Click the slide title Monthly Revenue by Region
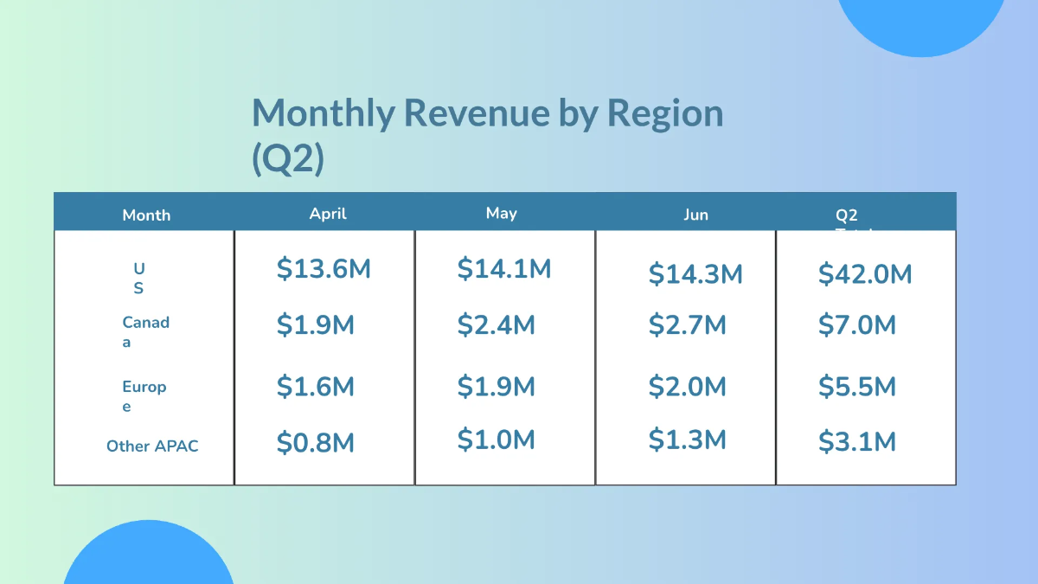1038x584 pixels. (x=487, y=113)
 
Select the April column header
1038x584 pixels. (x=328, y=213)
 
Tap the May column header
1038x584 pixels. (x=501, y=213)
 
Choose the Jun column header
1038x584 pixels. (x=695, y=215)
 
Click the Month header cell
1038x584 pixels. (x=146, y=215)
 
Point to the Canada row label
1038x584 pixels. (x=145, y=331)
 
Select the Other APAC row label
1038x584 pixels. (x=152, y=446)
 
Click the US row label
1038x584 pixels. (x=138, y=279)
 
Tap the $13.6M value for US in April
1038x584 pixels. (x=324, y=269)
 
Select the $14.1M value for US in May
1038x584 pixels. (x=504, y=269)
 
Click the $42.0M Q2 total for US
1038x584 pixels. (x=865, y=274)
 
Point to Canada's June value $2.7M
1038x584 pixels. (x=688, y=325)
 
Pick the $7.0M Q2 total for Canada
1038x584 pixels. (x=857, y=325)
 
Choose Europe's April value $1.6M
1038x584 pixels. (x=316, y=387)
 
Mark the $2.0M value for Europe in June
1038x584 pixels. (x=688, y=387)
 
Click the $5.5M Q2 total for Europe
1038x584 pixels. (x=857, y=387)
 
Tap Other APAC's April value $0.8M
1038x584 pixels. (x=316, y=443)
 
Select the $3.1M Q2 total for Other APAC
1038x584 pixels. (x=857, y=442)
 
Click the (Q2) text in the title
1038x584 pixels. (x=288, y=161)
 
